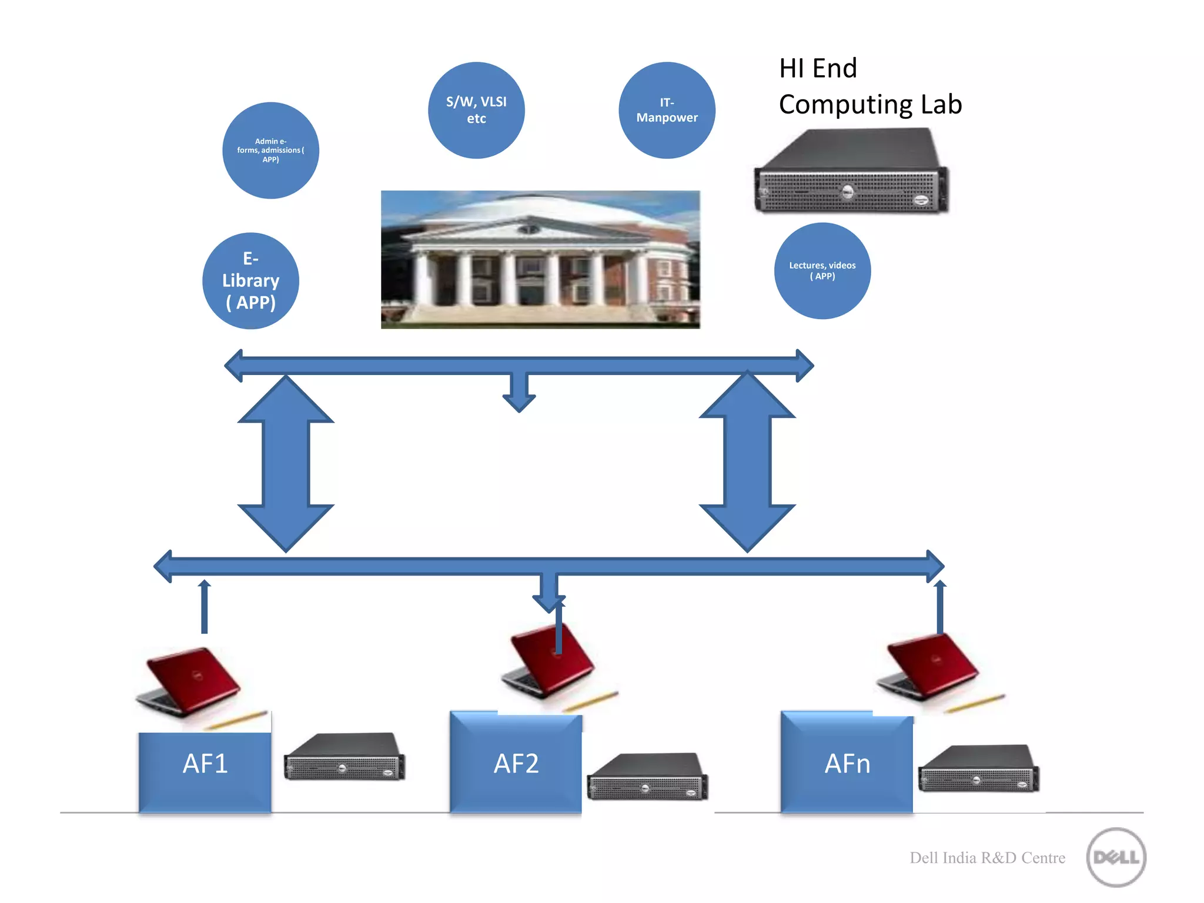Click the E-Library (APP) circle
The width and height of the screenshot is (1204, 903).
[250, 281]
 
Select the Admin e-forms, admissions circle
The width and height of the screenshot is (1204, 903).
[270, 150]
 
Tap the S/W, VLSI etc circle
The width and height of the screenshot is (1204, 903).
[476, 110]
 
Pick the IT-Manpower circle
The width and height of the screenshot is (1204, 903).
[667, 110]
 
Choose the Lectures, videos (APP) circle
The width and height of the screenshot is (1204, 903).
[822, 271]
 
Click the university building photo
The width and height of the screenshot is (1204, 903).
[540, 259]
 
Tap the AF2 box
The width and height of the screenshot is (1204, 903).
[516, 763]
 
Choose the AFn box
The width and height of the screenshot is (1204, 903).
[847, 763]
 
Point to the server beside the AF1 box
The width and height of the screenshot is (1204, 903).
[344, 757]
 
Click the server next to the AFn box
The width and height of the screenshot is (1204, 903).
[978, 769]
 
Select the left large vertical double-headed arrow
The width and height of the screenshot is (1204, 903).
[286, 463]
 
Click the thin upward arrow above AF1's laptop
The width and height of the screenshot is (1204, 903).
[204, 607]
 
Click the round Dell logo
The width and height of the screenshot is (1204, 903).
[1116, 857]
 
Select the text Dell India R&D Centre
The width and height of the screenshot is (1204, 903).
[987, 858]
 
